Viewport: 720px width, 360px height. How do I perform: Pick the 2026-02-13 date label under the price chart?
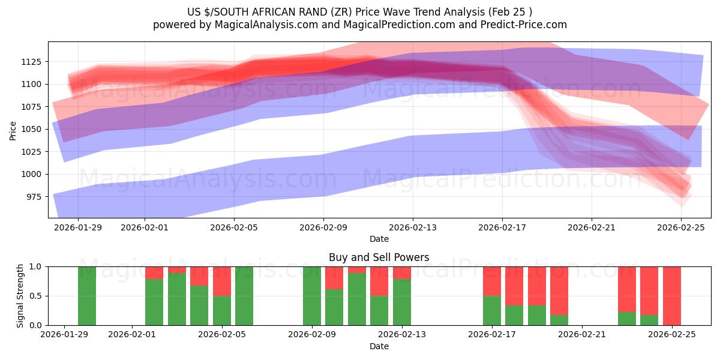click(413, 228)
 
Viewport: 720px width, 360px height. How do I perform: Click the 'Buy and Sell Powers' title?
click(379, 257)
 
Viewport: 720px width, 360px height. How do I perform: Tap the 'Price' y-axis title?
click(13, 130)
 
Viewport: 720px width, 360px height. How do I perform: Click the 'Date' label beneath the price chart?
click(379, 239)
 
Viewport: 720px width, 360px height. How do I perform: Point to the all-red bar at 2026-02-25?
click(672, 296)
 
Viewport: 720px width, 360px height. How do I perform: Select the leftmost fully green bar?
click(87, 296)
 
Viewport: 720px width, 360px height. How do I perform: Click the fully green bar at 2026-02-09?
click(312, 296)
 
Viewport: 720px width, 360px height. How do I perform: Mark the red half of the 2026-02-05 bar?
click(222, 281)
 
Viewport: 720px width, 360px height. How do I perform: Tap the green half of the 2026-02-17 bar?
click(492, 310)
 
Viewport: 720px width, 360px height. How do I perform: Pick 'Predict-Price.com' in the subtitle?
click(526, 25)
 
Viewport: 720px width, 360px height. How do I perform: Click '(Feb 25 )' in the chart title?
click(510, 12)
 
